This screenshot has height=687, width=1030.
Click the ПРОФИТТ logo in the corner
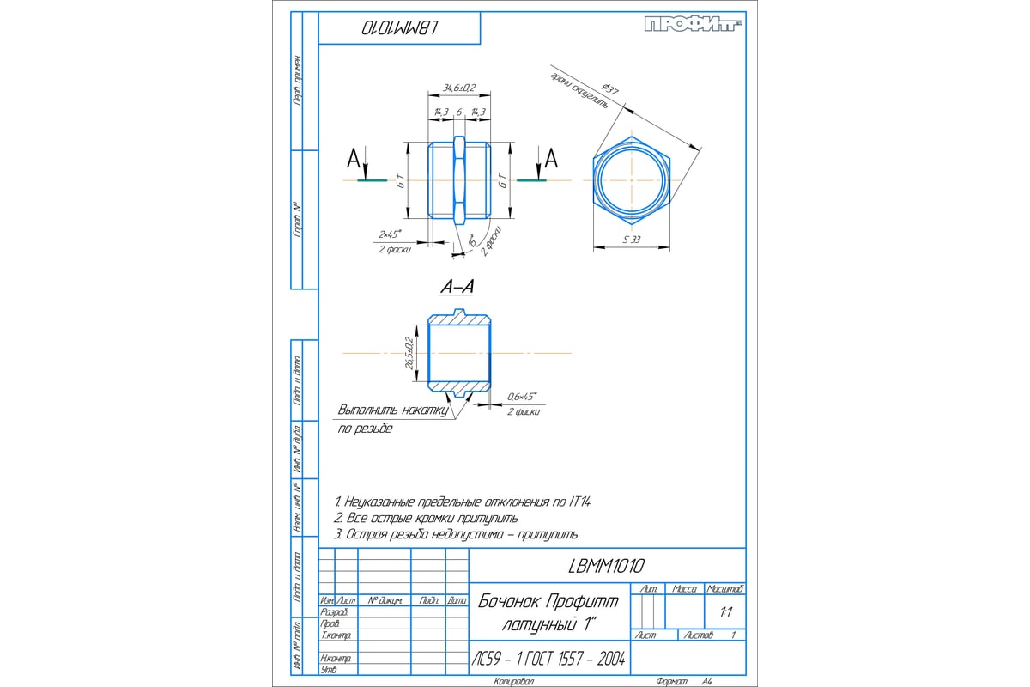tap(694, 25)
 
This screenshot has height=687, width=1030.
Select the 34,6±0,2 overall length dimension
tap(459, 88)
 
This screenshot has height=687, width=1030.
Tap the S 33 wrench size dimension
tap(631, 240)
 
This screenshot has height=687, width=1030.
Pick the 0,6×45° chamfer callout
tap(521, 397)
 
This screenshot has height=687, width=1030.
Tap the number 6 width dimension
tap(459, 112)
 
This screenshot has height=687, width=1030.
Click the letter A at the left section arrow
tap(353, 158)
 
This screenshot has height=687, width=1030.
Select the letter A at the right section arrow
tap(552, 158)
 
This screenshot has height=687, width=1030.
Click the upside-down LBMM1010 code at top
tap(401, 28)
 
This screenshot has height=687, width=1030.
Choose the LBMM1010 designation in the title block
tap(606, 566)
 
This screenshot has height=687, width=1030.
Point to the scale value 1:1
tap(726, 612)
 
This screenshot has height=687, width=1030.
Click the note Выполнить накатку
tap(394, 410)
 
